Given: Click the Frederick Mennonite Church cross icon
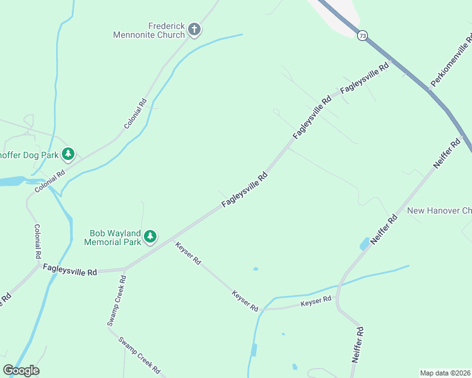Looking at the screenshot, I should pyautogui.click(x=194, y=29).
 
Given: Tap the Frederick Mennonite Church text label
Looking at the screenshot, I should pyautogui.click(x=149, y=30).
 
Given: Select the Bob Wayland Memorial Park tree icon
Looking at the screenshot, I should pyautogui.click(x=150, y=236).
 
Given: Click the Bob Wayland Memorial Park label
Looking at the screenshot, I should pyautogui.click(x=114, y=237).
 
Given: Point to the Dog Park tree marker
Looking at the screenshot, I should pyautogui.click(x=68, y=154).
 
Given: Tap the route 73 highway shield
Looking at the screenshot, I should pyautogui.click(x=362, y=37).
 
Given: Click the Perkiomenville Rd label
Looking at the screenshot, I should pyautogui.click(x=451, y=61).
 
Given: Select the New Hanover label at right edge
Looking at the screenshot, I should pyautogui.click(x=439, y=210).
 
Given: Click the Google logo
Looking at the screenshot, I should pyautogui.click(x=21, y=370).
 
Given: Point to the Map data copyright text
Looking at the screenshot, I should pyautogui.click(x=445, y=373).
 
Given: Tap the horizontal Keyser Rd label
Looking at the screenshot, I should pyautogui.click(x=316, y=302).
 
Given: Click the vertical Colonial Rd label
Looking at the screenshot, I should pyautogui.click(x=37, y=242).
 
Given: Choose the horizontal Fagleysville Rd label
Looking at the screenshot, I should pyautogui.click(x=70, y=270).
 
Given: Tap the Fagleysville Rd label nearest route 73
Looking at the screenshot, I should pyautogui.click(x=364, y=80).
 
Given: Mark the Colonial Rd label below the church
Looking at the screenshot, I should pyautogui.click(x=136, y=113).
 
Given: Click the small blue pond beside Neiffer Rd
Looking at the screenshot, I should pyautogui.click(x=364, y=244).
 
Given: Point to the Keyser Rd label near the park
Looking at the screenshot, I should pyautogui.click(x=188, y=253).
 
